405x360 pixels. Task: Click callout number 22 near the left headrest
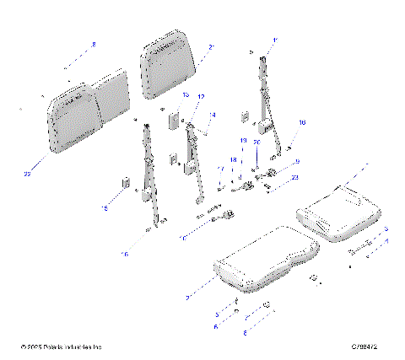27,174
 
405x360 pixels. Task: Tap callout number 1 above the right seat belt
273,40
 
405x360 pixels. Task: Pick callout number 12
201,98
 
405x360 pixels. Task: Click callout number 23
294,177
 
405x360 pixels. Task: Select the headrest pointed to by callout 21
172,61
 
